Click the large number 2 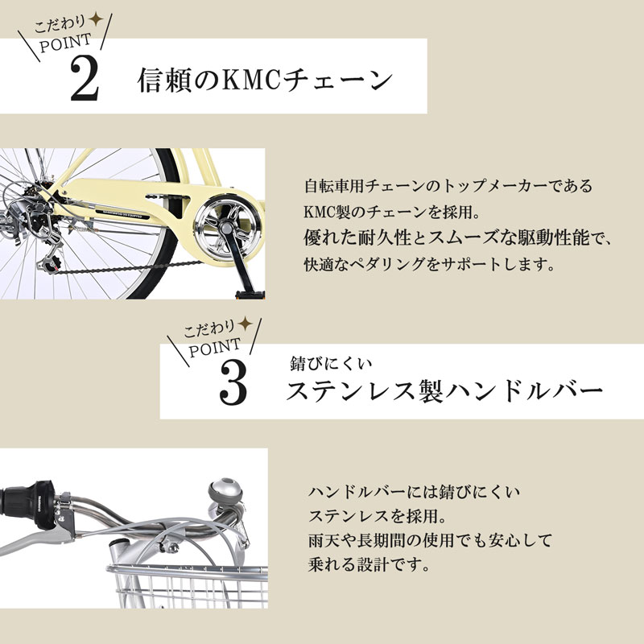click(x=85, y=78)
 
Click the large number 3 click(x=233, y=383)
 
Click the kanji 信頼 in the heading click(x=164, y=80)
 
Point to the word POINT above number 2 click(x=66, y=43)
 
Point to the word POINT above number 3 click(x=215, y=348)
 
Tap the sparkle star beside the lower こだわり click(x=246, y=324)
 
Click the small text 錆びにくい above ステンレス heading click(x=331, y=364)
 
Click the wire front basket click(x=189, y=587)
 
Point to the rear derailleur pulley click(x=50, y=264)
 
